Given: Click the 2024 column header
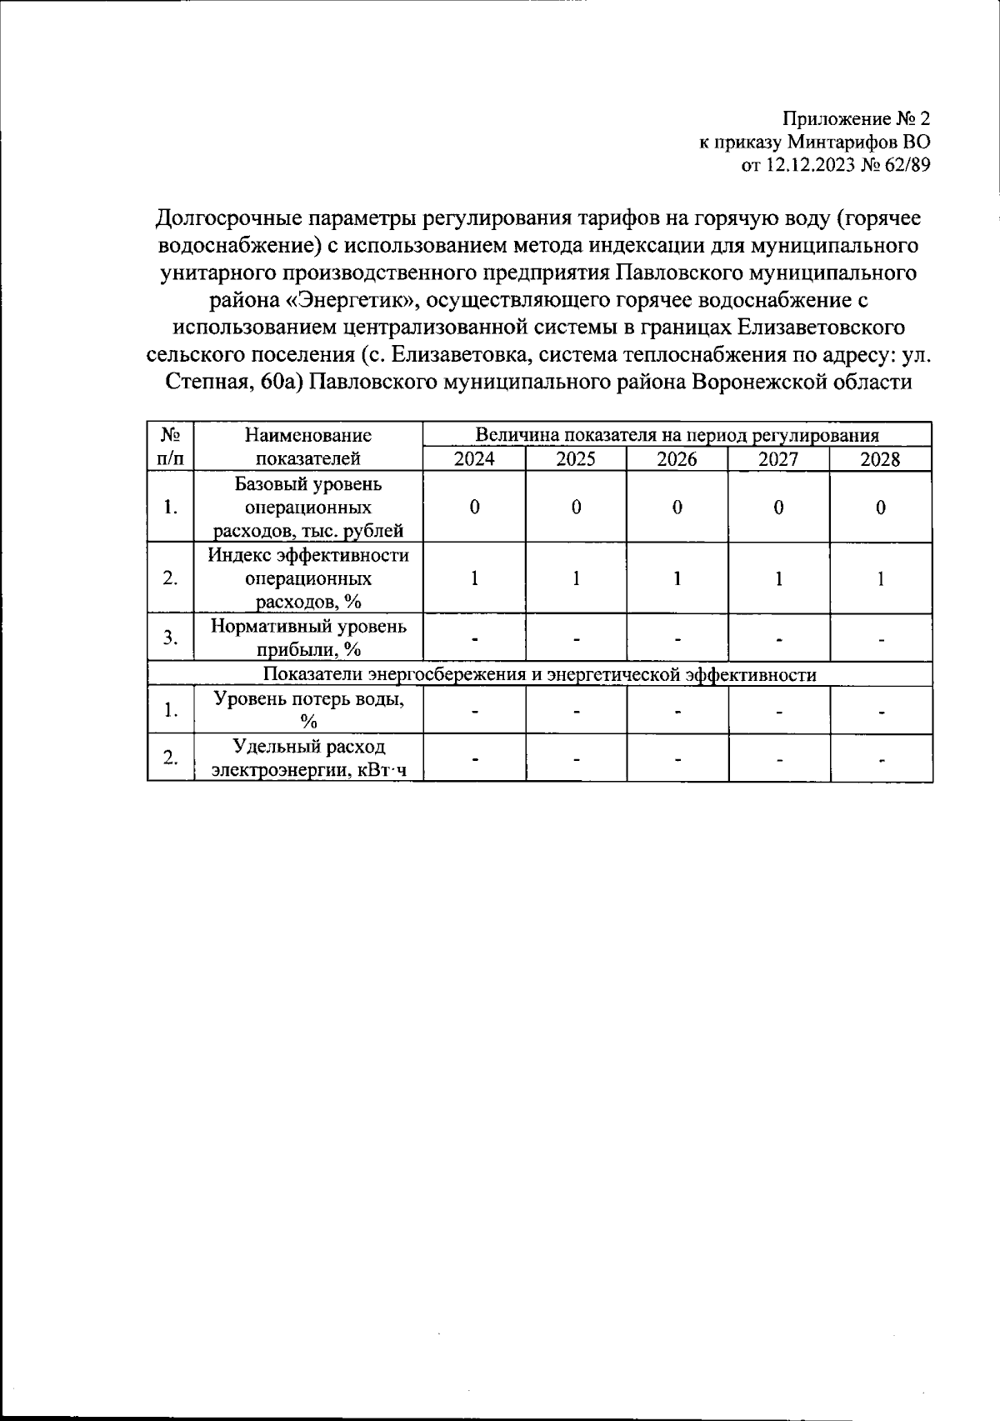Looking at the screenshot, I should pyautogui.click(x=474, y=458).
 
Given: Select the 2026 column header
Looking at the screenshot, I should pyautogui.click(x=677, y=458).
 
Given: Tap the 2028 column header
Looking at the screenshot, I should pyautogui.click(x=880, y=458).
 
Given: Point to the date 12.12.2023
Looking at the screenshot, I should pyautogui.click(x=807, y=165).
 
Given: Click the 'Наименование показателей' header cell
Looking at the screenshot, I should pyautogui.click(x=308, y=446).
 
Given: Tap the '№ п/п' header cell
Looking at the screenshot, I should pyautogui.click(x=171, y=446).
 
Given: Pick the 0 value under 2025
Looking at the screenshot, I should pyautogui.click(x=576, y=508).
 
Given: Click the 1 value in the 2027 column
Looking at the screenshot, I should pyautogui.click(x=778, y=578).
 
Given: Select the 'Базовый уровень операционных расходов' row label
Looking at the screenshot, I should pyautogui.click(x=308, y=507).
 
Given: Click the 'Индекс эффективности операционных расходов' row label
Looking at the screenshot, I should pyautogui.click(x=308, y=578).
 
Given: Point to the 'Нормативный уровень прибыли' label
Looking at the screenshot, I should pyautogui.click(x=308, y=638).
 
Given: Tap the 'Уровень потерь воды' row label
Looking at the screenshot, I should pyautogui.click(x=308, y=710).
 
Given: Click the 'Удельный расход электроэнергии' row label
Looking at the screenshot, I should pyautogui.click(x=308, y=758).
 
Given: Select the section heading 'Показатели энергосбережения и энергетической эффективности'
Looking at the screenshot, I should pyautogui.click(x=539, y=674).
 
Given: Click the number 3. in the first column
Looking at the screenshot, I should pyautogui.click(x=171, y=638).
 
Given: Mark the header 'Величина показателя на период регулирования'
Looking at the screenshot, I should pyautogui.click(x=677, y=434).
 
